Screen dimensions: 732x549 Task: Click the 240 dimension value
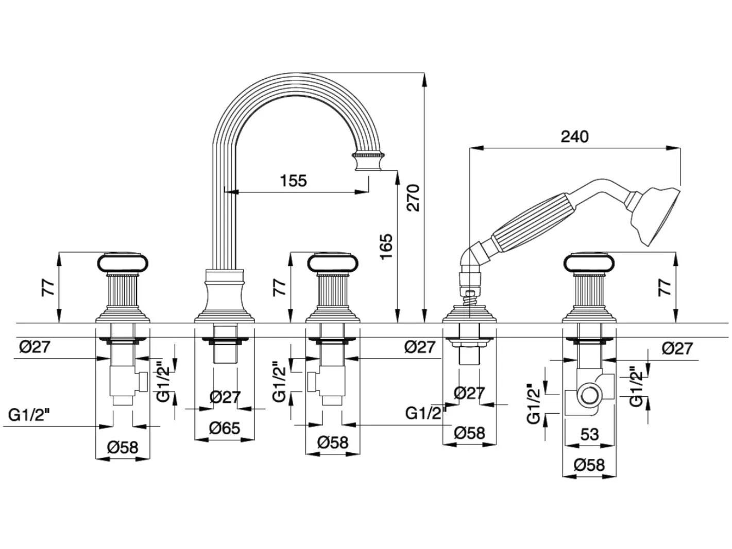[574, 137]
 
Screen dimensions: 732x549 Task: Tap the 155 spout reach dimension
[293, 181]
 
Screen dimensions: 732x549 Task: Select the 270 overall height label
[413, 198]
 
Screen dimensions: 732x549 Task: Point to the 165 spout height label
[386, 247]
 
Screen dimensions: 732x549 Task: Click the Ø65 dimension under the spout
[225, 428]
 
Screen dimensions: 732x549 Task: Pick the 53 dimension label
[590, 435]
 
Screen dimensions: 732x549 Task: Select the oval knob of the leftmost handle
[123, 262]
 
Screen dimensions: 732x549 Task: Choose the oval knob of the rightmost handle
[589, 262]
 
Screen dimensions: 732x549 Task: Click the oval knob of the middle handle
[333, 262]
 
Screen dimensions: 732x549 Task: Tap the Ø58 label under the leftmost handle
[123, 448]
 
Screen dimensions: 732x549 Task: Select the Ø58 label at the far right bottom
[589, 465]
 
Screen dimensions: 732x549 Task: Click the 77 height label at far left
[48, 288]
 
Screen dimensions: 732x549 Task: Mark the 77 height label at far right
[665, 288]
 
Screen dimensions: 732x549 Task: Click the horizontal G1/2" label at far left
[29, 415]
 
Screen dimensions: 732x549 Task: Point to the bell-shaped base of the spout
[225, 296]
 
